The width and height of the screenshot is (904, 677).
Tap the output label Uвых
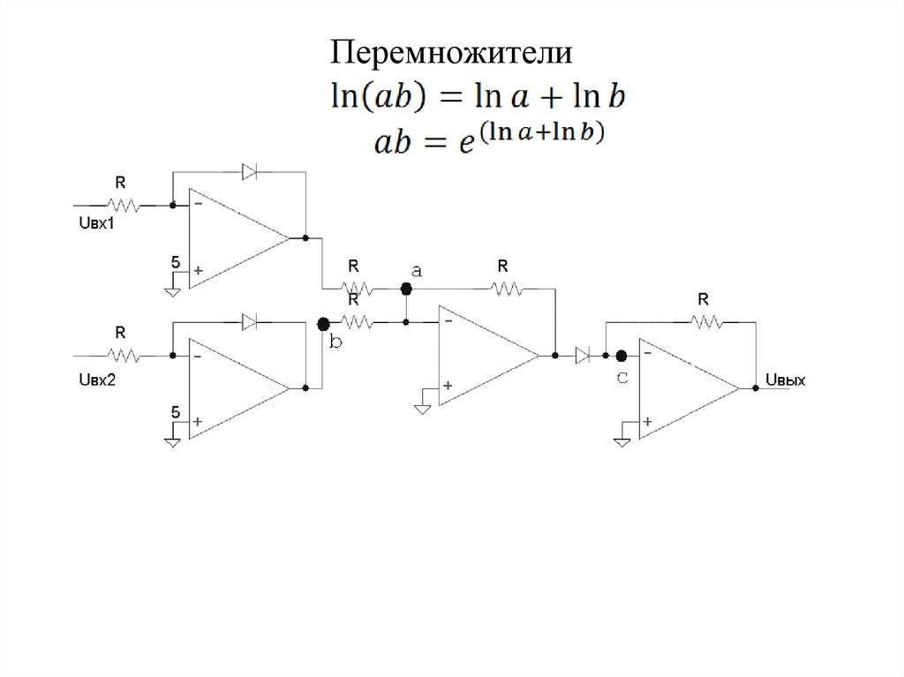coord(785,381)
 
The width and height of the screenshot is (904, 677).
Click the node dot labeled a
coord(406,289)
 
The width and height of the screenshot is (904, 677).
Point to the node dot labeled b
coord(323,324)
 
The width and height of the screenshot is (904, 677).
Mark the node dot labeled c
coord(621,356)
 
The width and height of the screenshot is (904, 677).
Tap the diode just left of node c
coord(582,356)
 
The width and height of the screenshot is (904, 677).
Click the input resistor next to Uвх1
coord(123,205)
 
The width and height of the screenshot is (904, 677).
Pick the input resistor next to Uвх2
coord(123,356)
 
